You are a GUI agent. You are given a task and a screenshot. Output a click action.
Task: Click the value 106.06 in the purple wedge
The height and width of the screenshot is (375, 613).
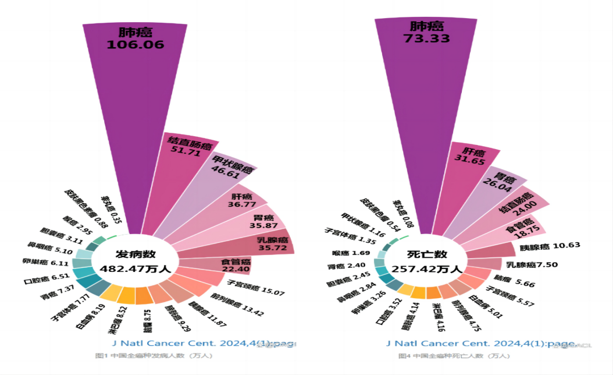[135, 44]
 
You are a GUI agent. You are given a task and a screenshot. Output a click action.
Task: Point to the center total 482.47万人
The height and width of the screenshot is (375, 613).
[135, 269]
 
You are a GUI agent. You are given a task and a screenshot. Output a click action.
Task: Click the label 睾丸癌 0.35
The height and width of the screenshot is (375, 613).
[110, 210]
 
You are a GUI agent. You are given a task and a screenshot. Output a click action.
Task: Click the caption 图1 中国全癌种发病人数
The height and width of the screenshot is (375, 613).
[154, 355]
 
